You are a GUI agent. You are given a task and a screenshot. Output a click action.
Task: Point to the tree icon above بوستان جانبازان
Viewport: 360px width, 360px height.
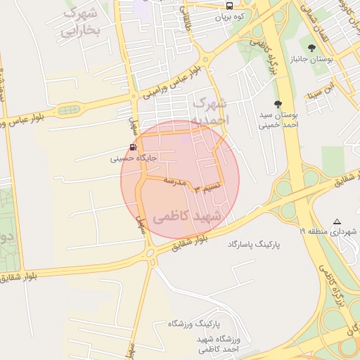[x=312, y=48]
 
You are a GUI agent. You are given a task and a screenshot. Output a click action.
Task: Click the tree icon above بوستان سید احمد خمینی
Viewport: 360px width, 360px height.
[x=278, y=102]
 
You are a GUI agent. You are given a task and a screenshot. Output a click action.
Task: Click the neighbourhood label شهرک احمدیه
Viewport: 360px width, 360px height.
[x=211, y=112]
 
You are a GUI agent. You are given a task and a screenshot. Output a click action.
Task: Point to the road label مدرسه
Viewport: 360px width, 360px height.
[x=174, y=182]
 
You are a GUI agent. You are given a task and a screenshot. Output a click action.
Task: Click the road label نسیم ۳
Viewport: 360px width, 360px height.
[x=211, y=186]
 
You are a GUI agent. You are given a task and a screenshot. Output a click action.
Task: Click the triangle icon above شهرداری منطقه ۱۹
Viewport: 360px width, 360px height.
[x=337, y=221]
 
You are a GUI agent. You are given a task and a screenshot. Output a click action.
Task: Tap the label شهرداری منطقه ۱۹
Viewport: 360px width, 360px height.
[x=330, y=231]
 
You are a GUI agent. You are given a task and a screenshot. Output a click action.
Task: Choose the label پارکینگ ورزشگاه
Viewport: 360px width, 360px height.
[x=194, y=324]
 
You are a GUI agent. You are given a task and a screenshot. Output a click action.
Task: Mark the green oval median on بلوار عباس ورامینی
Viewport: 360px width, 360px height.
[x=69, y=110]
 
